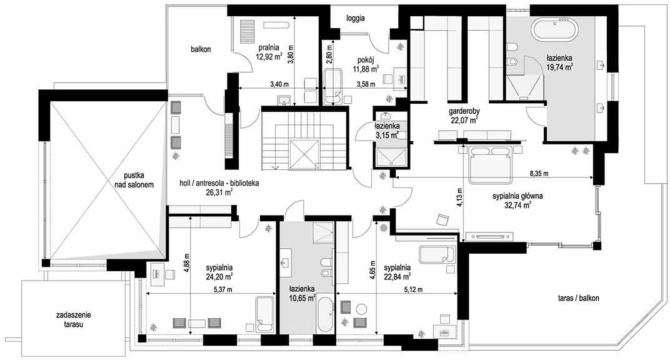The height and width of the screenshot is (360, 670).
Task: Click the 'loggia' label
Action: pyautogui.click(x=355, y=18)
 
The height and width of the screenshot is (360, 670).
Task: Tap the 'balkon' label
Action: pyautogui.click(x=201, y=49)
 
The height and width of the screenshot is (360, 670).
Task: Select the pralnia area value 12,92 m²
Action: pyautogui.click(x=269, y=56)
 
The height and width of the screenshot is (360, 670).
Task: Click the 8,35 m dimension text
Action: pyautogui.click(x=539, y=173)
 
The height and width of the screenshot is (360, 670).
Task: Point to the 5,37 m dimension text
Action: pyautogui.click(x=222, y=289)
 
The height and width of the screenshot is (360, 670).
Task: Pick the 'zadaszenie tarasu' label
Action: pyautogui.click(x=73, y=319)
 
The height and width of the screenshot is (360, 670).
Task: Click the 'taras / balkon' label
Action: pyautogui.click(x=579, y=297)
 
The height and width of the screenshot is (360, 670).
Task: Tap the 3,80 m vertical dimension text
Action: pyautogui.click(x=291, y=54)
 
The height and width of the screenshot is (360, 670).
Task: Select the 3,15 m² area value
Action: pyautogui.click(x=387, y=136)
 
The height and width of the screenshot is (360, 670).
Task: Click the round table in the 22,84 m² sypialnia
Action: pyautogui.click(x=362, y=309)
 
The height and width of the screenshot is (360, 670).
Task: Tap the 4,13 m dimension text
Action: pyautogui.click(x=459, y=197)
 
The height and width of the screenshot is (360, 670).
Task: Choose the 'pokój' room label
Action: pyautogui.click(x=366, y=60)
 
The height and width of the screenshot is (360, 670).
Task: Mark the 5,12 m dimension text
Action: pyautogui.click(x=412, y=289)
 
